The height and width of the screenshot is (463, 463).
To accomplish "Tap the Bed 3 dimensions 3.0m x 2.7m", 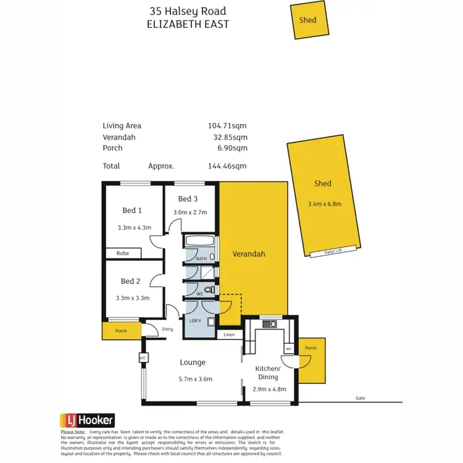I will coord(189,212).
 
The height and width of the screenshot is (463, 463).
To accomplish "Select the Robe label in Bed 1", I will coord(122,253).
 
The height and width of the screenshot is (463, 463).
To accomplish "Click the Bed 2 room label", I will coord(131,282).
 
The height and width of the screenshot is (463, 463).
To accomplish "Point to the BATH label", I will coord(201,259).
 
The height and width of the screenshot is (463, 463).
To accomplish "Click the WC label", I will coord(200,294).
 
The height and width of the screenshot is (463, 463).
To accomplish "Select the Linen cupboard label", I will coord(230,335).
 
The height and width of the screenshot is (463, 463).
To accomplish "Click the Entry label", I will coord(168,330).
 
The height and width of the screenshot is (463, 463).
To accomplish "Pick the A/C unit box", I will coord(142,357).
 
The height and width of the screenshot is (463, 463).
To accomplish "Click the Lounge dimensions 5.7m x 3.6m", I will coord(193,379).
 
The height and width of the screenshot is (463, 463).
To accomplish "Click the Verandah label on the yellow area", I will coord(249,254).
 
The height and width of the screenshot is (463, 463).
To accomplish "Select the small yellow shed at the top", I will coord(308,20).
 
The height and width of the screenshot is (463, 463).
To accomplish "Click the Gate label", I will coord(360,398).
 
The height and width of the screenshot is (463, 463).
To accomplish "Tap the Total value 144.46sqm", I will coord(227,166).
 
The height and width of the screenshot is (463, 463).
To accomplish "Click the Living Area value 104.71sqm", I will coord(227,126).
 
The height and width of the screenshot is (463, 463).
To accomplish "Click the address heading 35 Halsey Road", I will coord(188,11).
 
